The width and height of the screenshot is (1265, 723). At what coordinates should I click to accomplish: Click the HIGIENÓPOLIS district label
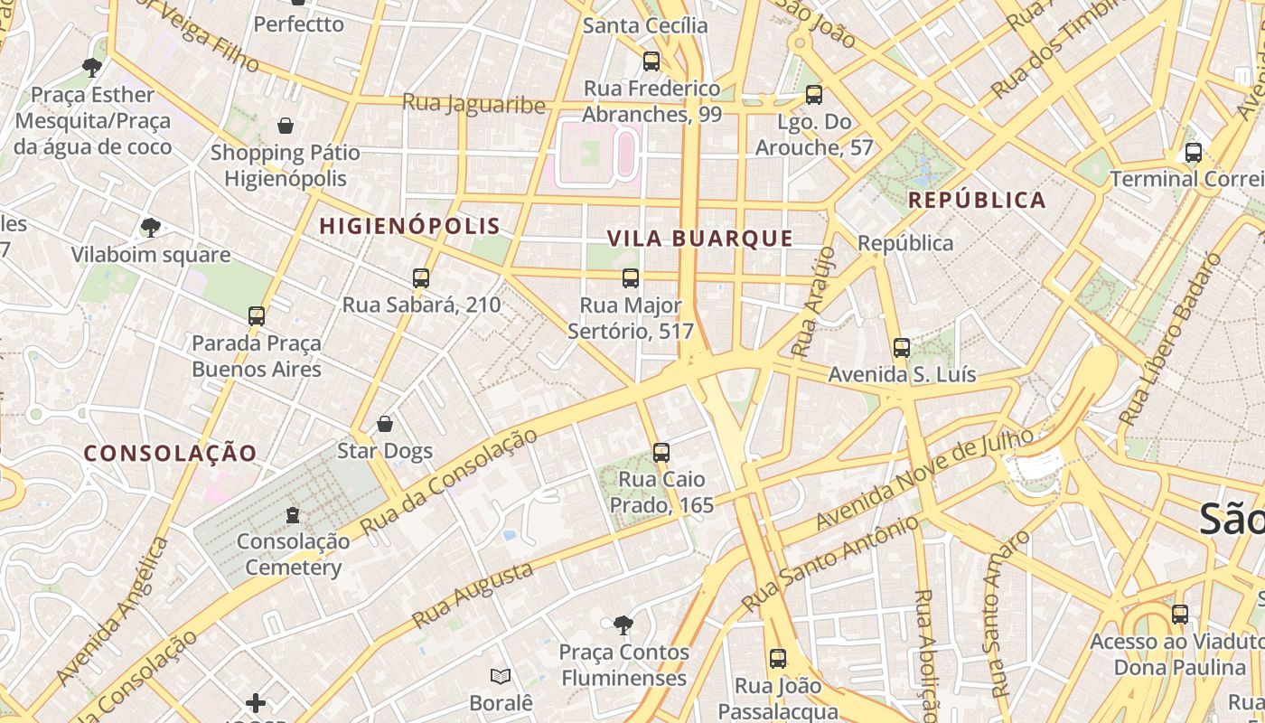409,226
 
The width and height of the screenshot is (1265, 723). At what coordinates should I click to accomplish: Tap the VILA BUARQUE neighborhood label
699,239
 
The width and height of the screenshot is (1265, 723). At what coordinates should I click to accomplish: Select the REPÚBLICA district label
977,200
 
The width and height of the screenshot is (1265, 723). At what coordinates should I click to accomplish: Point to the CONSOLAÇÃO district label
171,453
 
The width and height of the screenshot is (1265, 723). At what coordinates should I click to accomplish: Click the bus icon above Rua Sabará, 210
420,277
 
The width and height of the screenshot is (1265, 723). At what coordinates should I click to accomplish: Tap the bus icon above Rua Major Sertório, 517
630,277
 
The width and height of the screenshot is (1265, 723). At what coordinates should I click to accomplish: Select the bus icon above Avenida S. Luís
901,347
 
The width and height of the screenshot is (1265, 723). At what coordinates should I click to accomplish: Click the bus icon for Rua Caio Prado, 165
661,452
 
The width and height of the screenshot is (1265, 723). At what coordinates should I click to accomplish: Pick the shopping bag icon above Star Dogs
384,424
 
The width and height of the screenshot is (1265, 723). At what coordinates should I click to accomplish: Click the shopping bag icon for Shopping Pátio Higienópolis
286,125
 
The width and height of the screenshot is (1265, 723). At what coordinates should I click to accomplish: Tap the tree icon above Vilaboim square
151,227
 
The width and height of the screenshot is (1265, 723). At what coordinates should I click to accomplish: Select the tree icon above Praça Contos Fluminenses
623,624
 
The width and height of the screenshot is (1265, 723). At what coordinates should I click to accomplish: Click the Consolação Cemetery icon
292,515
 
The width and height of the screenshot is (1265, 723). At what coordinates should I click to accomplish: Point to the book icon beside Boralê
500,676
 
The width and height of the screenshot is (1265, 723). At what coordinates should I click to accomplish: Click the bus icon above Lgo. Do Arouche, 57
813,94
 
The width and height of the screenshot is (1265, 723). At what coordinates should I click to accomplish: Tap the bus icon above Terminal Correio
1193,152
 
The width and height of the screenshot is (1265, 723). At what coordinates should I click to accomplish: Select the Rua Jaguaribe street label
473,103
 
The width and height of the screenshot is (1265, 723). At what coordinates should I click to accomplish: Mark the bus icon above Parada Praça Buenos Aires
257,315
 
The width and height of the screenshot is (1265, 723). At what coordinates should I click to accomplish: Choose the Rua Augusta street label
472,596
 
